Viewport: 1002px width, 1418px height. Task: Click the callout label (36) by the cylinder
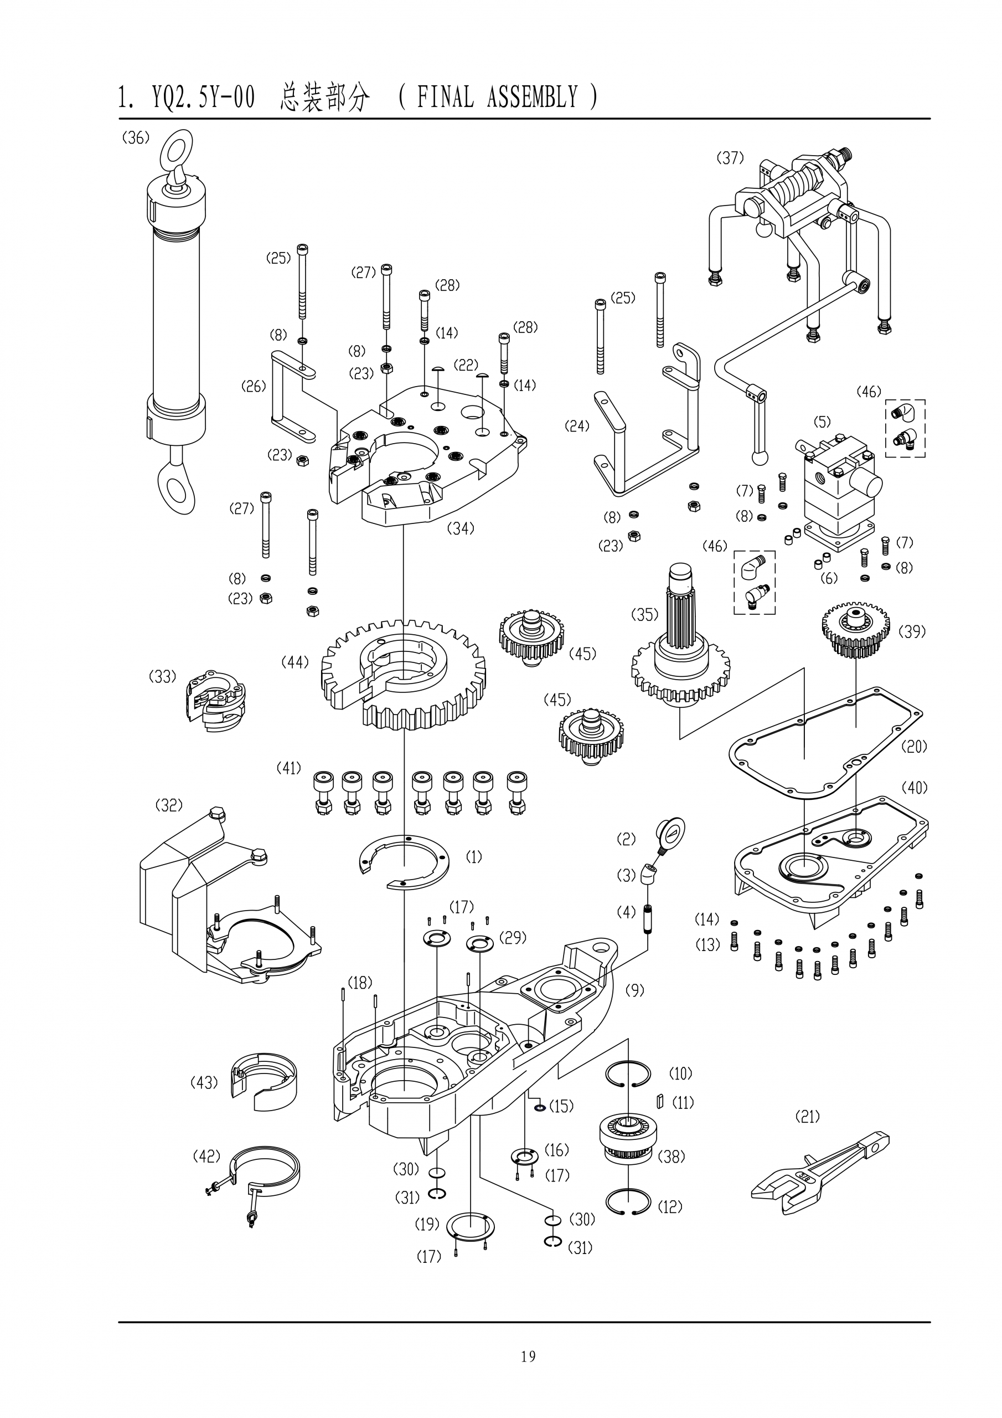pyautogui.click(x=136, y=138)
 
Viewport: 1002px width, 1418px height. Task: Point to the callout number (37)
pyautogui.click(x=730, y=158)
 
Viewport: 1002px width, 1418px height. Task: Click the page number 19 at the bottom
pyautogui.click(x=528, y=1339)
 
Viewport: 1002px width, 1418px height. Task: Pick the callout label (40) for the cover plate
pyautogui.click(x=915, y=788)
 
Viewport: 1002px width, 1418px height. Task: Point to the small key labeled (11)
pyautogui.click(x=660, y=1102)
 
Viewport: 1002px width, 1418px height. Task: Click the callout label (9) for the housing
pyautogui.click(x=634, y=990)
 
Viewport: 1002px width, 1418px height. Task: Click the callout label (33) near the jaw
pyautogui.click(x=162, y=676)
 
